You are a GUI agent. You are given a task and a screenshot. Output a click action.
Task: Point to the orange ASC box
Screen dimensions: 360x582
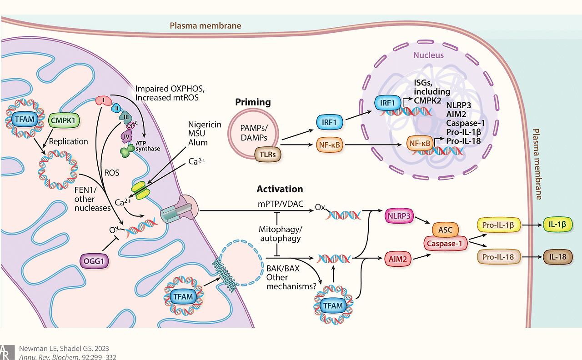tap(446, 230)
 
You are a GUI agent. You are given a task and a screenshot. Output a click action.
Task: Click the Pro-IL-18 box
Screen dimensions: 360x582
tap(498, 257)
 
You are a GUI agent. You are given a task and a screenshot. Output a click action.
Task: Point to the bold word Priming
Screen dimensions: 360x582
tap(253, 102)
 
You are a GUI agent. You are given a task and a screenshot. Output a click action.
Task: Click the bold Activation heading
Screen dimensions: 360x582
tap(280, 189)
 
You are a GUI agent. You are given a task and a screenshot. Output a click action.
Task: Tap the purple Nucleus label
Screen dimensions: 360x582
tap(428, 55)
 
